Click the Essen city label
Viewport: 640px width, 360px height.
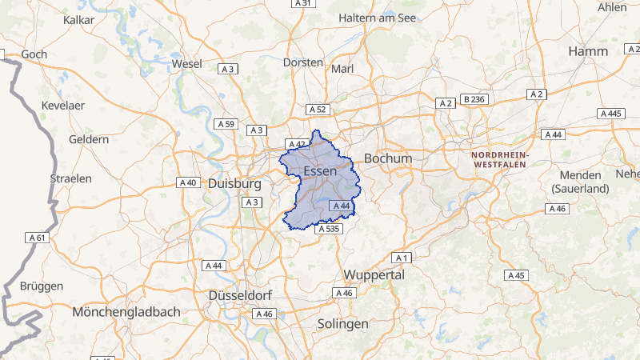321,172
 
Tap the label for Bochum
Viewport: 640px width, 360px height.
388,158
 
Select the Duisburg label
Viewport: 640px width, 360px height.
235,183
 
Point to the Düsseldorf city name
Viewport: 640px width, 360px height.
241,295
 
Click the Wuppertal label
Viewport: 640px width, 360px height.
374,274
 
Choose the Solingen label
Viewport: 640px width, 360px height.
342,324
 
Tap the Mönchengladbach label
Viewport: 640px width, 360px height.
126,311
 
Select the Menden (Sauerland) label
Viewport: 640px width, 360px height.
581,182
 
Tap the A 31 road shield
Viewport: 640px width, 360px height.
302,3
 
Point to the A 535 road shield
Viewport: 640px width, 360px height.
329,229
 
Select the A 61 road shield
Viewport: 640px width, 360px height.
38,238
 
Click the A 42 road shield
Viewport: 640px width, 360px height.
297,144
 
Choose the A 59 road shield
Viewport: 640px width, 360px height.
226,124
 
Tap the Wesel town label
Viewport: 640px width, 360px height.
186,63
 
